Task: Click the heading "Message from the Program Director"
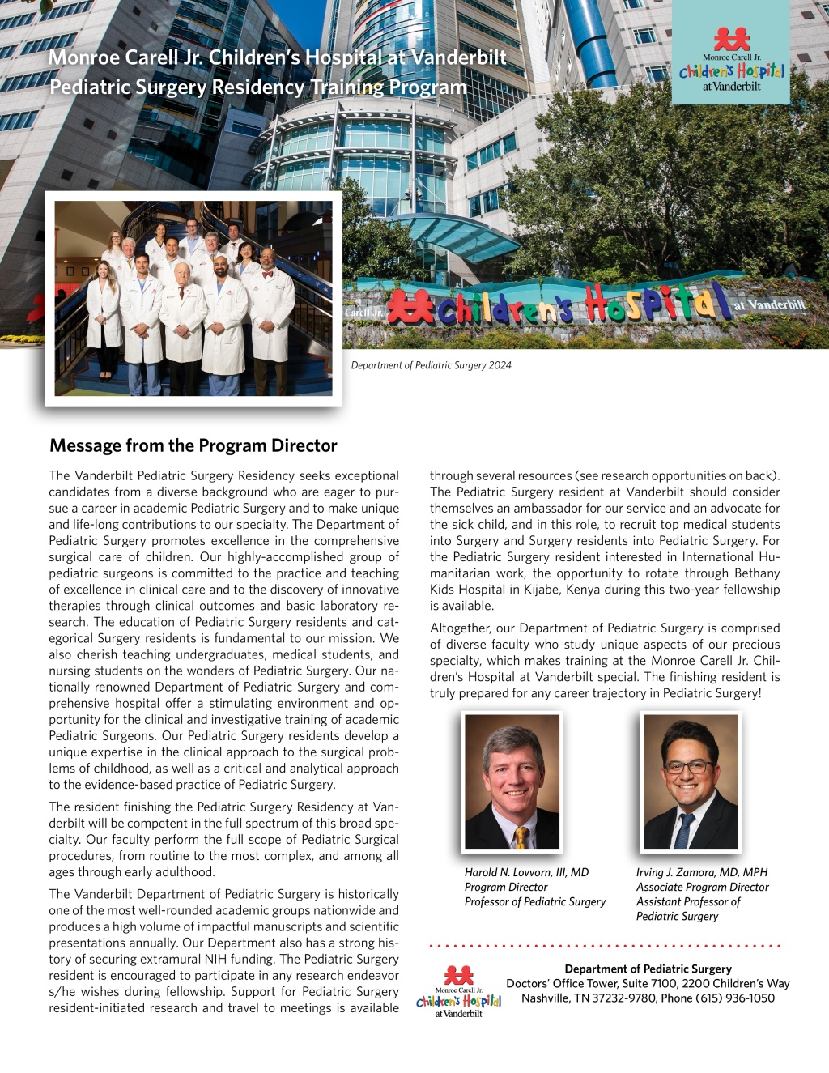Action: pos(193,445)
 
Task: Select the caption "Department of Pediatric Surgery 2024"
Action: pos(431,365)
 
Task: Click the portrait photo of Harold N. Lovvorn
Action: pos(512,781)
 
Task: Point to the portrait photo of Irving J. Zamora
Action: pos(691,781)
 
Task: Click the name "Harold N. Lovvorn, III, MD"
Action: pos(526,872)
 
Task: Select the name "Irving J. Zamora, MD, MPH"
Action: pos(701,872)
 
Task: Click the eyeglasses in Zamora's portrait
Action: pos(687,766)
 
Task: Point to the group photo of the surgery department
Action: pos(193,298)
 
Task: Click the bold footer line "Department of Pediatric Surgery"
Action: pos(648,969)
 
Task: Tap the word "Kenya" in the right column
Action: pos(582,590)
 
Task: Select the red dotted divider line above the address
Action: pos(604,945)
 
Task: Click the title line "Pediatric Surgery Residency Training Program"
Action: pos(257,87)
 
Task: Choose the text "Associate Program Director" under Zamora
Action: pos(702,887)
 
